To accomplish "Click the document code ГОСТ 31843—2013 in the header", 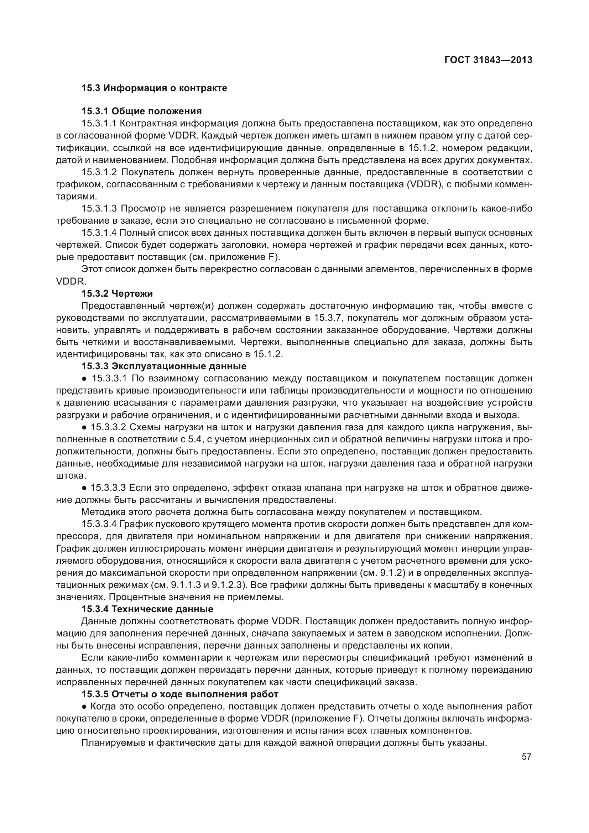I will pyautogui.click(x=488, y=60).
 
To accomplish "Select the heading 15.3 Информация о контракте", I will pyautogui.click(x=154, y=88).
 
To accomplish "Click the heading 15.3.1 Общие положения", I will pyautogui.click(x=141, y=111).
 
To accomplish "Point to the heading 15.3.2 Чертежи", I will pyautogui.click(x=117, y=293).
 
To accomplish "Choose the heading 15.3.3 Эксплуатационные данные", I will pyautogui.click(x=163, y=366).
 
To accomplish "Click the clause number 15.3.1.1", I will pyautogui.click(x=99, y=123).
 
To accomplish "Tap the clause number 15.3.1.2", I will pyautogui.click(x=99, y=172).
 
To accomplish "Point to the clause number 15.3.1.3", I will pyautogui.click(x=99, y=209).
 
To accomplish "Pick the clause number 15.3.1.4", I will pyautogui.click(x=99, y=233).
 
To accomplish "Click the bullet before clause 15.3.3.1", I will pyautogui.click(x=84, y=379).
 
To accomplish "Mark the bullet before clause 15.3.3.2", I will pyautogui.click(x=84, y=427).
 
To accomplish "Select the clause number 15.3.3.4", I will pyautogui.click(x=99, y=524).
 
